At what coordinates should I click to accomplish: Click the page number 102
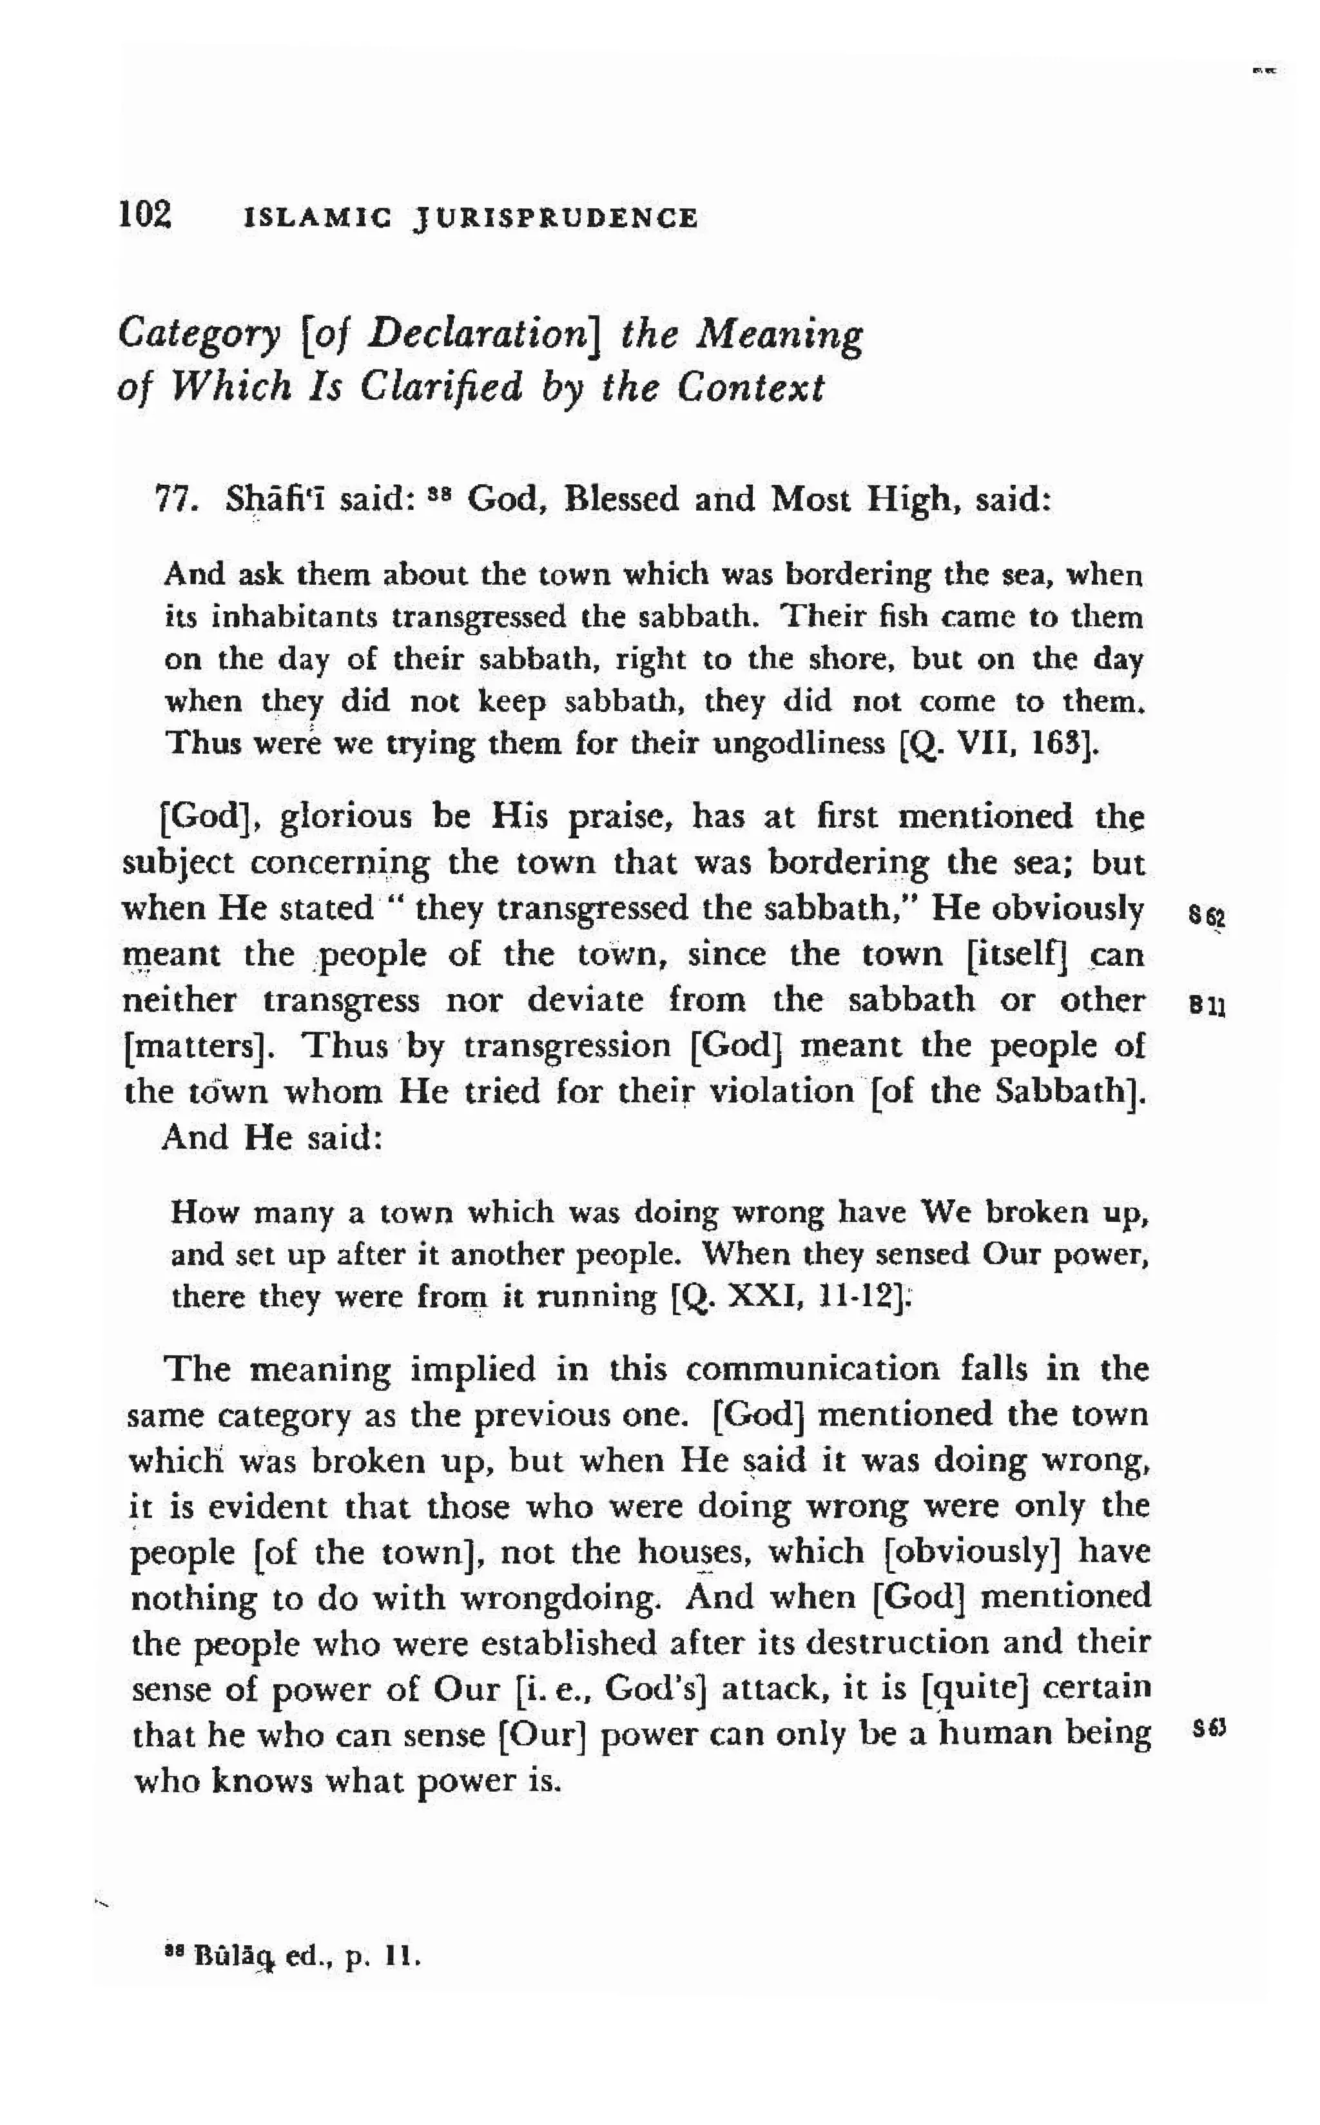[x=145, y=214]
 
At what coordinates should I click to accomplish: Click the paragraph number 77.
[x=173, y=500]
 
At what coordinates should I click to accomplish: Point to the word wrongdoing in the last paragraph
[x=559, y=1597]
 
